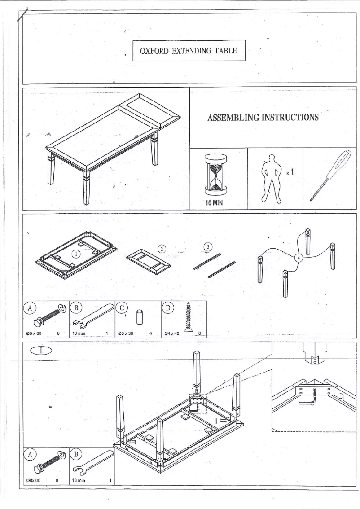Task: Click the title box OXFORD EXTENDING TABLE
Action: (191, 50)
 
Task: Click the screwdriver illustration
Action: (332, 175)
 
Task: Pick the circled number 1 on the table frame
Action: (77, 254)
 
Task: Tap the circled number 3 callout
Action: (207, 246)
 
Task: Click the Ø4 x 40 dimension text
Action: (172, 333)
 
